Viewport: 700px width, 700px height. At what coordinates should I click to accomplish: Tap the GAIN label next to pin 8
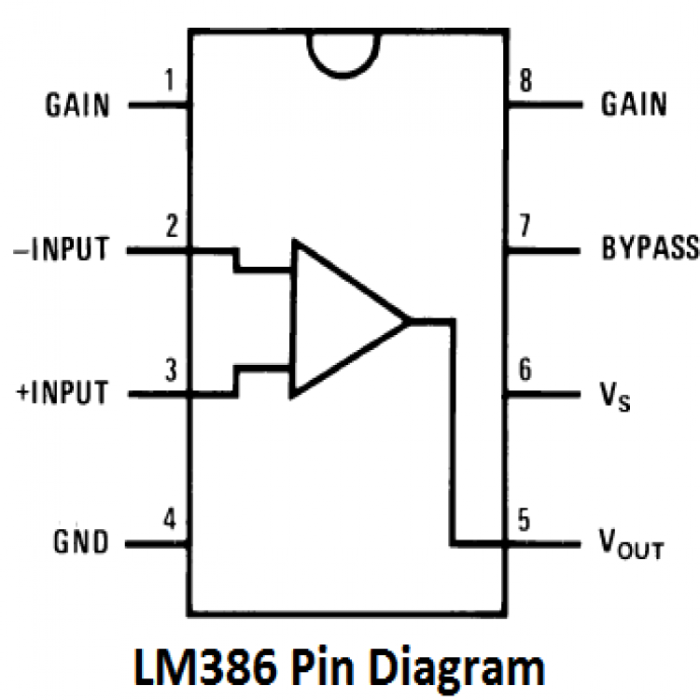tap(634, 105)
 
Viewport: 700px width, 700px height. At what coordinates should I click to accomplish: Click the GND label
tap(82, 542)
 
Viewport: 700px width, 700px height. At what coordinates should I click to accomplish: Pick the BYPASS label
tap(650, 250)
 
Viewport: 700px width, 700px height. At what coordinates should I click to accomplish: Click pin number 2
tap(169, 228)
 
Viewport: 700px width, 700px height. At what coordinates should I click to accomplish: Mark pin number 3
tap(169, 371)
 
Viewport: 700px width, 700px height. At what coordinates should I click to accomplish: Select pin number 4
tap(169, 520)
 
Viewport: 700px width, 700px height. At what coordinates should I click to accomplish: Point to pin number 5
tap(526, 520)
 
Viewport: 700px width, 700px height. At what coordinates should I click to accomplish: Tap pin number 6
tap(526, 371)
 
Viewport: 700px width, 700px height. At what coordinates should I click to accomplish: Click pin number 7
tap(526, 228)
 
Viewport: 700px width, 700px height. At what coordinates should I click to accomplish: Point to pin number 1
tap(169, 82)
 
